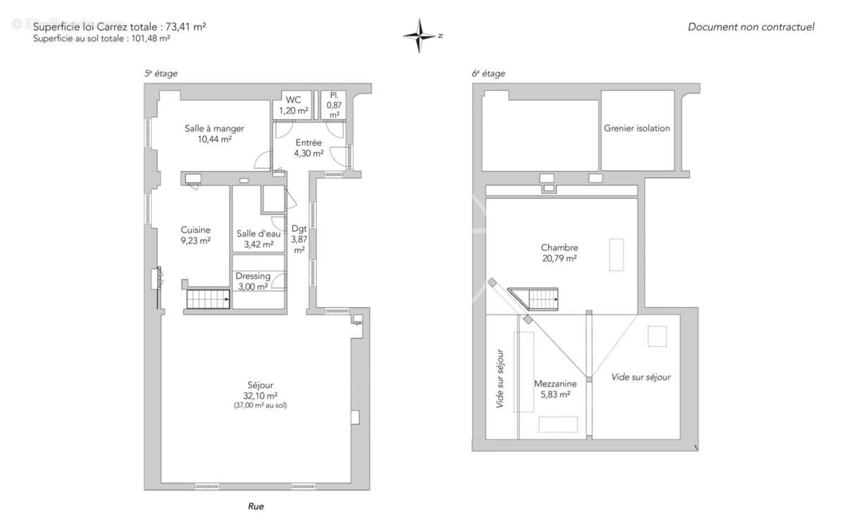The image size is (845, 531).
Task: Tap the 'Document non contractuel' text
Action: pos(751,27)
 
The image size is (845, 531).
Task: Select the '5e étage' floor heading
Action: pos(161,73)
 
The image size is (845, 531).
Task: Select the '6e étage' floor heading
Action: pos(488,73)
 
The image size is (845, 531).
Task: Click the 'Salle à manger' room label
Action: pos(214,129)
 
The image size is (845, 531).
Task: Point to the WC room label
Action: pos(293,100)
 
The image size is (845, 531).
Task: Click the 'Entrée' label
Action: pos(308,143)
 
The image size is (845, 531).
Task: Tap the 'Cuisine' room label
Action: pos(195,230)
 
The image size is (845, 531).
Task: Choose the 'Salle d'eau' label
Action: pos(258,235)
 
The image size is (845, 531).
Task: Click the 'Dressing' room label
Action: pos(253,276)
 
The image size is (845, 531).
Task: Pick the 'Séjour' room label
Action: pos(260,385)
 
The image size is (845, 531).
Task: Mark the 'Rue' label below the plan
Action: pos(256,506)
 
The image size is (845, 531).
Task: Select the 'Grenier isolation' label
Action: pos(637,129)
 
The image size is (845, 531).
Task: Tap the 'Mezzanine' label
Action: pos(555,384)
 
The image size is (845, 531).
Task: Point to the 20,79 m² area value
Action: pos(559,258)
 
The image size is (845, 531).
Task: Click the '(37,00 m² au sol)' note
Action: pos(260,406)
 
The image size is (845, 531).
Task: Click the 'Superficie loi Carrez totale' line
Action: pos(120,27)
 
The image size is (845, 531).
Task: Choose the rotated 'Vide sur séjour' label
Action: pos(500,379)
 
